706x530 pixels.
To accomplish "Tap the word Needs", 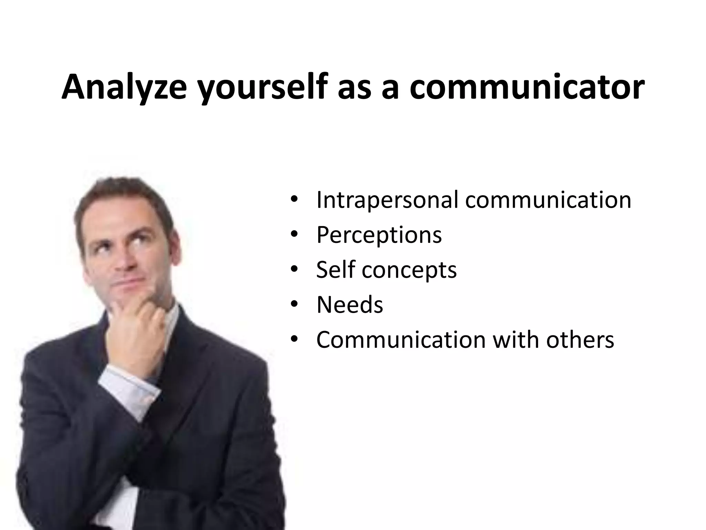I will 350,305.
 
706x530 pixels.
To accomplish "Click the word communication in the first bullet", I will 548,200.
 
